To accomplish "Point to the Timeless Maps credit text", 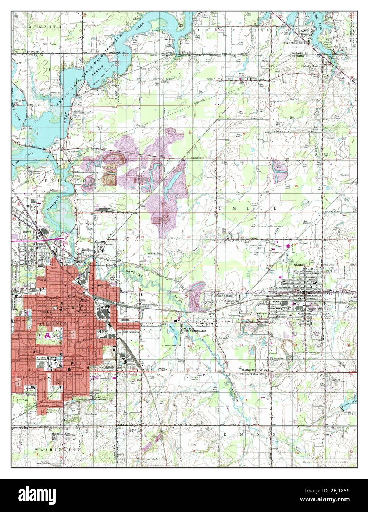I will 327,462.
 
